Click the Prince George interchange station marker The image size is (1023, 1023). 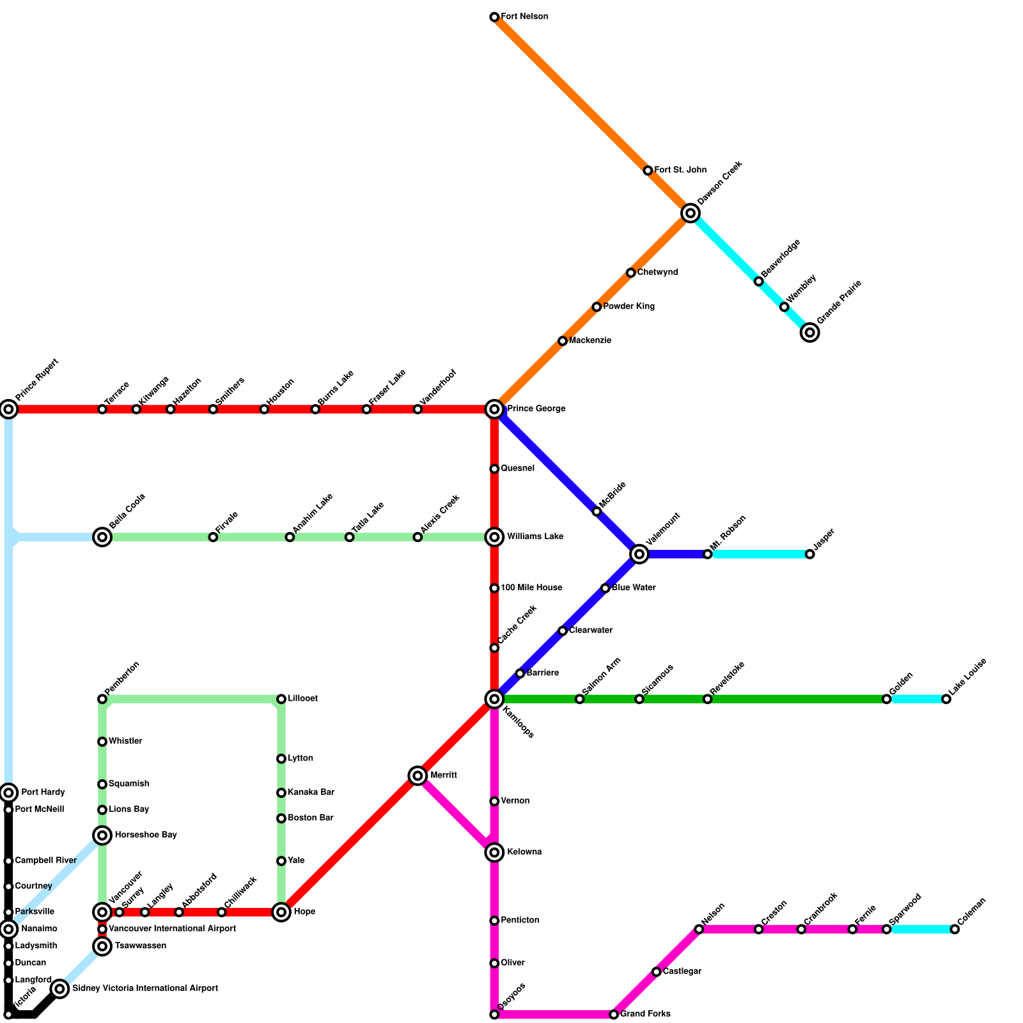(494, 409)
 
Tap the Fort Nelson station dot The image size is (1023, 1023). (494, 17)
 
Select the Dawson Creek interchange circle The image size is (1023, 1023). (690, 213)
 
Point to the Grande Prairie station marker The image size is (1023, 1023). (809, 332)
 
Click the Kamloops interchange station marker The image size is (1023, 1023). (494, 699)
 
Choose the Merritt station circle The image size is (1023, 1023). (418, 776)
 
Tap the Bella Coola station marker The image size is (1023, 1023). (102, 537)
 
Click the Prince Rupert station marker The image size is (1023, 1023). (8, 409)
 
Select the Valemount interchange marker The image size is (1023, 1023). (639, 554)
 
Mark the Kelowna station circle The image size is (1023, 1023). (494, 852)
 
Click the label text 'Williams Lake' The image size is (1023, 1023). (535, 536)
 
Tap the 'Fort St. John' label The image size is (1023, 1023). (680, 170)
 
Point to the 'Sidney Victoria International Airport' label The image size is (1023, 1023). (145, 988)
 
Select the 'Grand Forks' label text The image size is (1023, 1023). (645, 1014)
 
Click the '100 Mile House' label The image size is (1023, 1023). (531, 588)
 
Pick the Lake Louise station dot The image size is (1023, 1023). (946, 699)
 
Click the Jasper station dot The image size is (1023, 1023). (809, 554)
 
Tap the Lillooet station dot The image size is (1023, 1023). (281, 699)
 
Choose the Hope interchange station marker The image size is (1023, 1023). (281, 912)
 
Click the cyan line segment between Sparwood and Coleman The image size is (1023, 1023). (920, 929)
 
